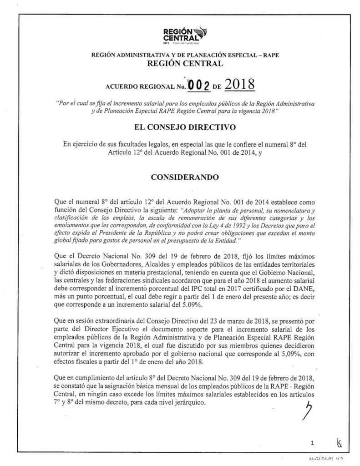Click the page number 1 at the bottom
[x=313, y=441]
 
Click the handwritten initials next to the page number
[x=339, y=441]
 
